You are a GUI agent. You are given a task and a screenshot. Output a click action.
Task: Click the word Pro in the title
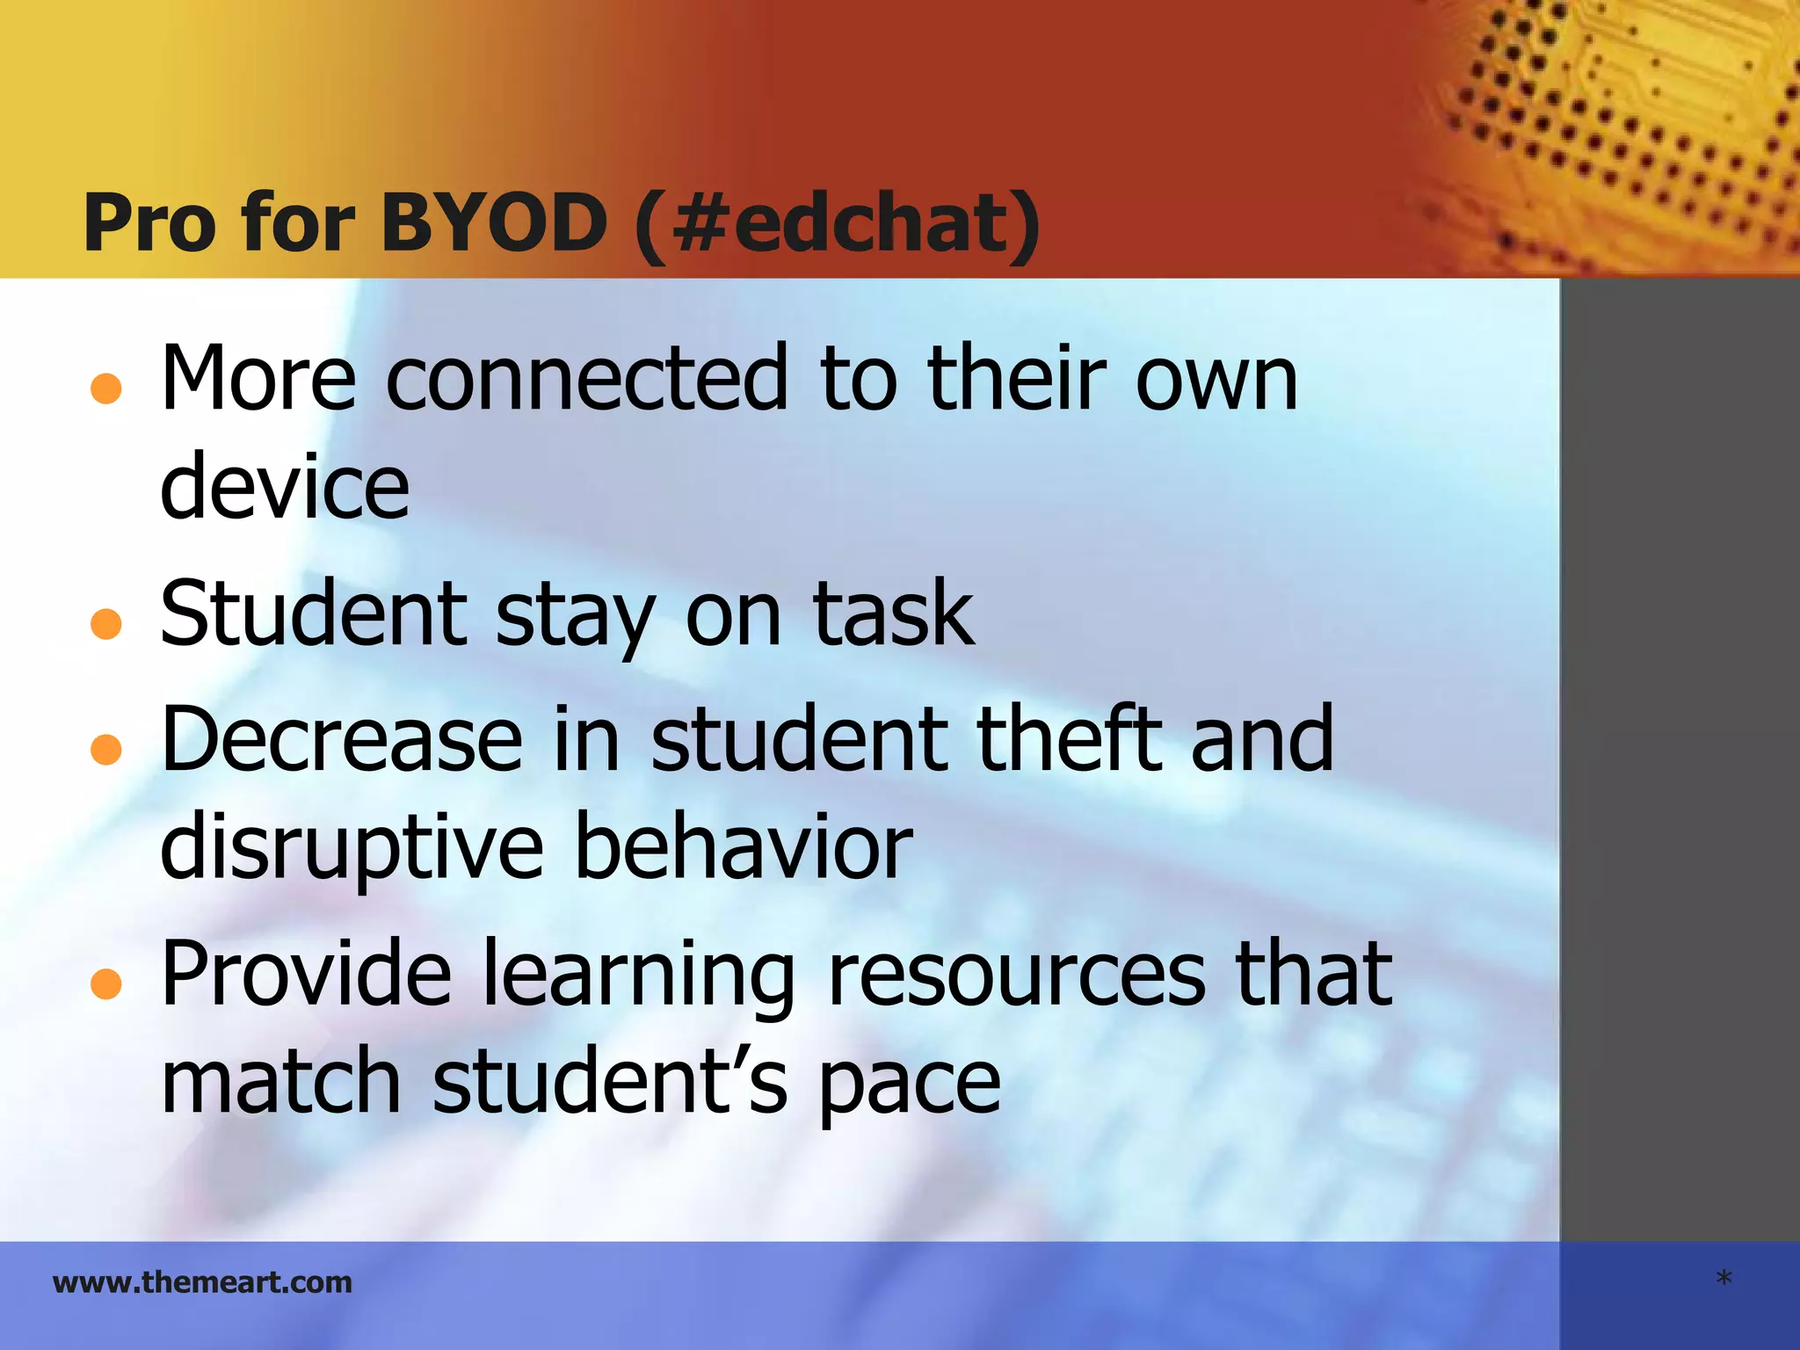click(x=149, y=223)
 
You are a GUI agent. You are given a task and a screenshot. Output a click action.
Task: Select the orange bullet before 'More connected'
click(x=106, y=388)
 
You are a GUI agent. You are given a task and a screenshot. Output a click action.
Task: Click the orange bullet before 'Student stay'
click(x=106, y=623)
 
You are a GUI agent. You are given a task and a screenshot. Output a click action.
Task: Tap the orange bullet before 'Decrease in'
click(x=106, y=749)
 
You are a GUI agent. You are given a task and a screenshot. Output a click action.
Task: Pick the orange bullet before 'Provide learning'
click(x=106, y=984)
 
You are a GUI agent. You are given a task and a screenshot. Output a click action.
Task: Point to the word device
click(x=285, y=486)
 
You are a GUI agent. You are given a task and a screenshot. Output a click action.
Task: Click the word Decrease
click(x=342, y=739)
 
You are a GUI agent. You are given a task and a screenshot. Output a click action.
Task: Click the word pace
click(x=910, y=1085)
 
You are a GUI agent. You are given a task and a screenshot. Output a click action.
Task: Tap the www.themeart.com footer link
click(x=202, y=1282)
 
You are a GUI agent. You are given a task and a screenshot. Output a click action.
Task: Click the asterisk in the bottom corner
click(x=1724, y=1279)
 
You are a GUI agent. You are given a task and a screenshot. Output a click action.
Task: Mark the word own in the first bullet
click(x=1216, y=380)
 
